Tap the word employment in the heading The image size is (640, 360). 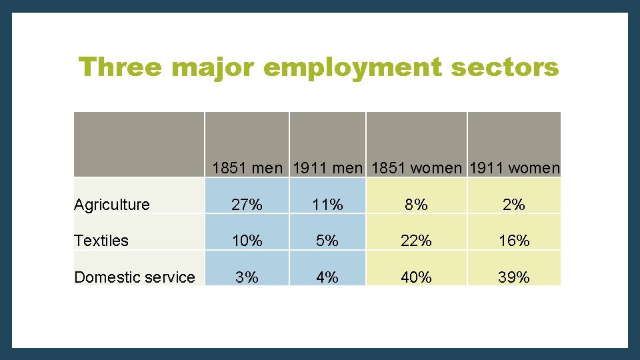click(x=352, y=67)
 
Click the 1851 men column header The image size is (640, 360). click(x=247, y=168)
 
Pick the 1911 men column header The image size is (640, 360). click(x=327, y=168)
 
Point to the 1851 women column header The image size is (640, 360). click(x=417, y=168)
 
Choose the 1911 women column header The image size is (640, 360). click(x=514, y=168)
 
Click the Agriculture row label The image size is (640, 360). click(x=112, y=205)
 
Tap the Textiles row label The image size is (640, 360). click(x=101, y=241)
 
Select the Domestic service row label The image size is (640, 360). click(x=135, y=277)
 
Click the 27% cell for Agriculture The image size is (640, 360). click(x=247, y=205)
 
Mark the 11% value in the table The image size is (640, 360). click(x=327, y=205)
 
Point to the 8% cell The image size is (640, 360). click(x=417, y=205)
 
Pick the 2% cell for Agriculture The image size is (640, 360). click(x=514, y=205)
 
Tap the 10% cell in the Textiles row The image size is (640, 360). click(x=247, y=241)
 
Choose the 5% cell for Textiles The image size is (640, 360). click(x=327, y=241)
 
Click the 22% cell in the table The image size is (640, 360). click(x=417, y=241)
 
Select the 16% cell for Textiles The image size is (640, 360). click(x=514, y=241)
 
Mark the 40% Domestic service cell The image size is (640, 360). click(x=417, y=277)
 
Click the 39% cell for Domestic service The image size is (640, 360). click(x=514, y=277)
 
